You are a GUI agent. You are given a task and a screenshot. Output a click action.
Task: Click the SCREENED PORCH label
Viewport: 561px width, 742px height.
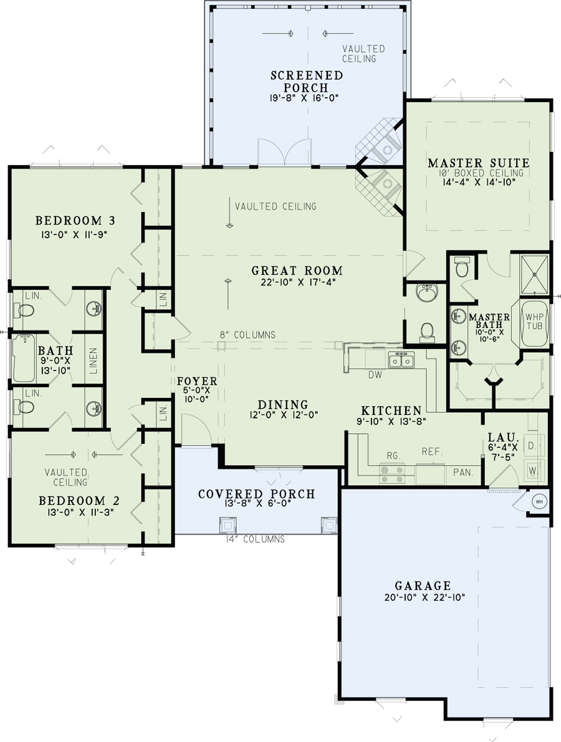pyautogui.click(x=307, y=81)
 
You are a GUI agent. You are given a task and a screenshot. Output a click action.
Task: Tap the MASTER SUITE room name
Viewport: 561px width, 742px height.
pyautogui.click(x=478, y=163)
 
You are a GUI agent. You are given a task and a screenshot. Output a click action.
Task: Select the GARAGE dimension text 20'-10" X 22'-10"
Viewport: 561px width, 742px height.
pyautogui.click(x=422, y=597)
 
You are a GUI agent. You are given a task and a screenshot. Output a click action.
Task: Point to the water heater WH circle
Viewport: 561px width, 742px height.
pyautogui.click(x=538, y=501)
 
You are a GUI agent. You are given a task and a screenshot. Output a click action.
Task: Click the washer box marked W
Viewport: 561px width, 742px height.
pyautogui.click(x=532, y=470)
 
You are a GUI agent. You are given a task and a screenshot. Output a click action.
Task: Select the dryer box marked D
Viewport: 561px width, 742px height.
pyautogui.click(x=532, y=446)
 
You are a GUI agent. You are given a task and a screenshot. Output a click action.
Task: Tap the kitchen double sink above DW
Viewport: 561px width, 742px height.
pyautogui.click(x=401, y=360)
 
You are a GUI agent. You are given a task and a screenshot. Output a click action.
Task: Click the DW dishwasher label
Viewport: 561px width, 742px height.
pyautogui.click(x=375, y=375)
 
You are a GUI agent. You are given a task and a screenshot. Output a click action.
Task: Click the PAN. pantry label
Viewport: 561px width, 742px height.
pyautogui.click(x=463, y=473)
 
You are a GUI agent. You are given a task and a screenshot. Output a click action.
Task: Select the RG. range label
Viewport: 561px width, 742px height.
pyautogui.click(x=392, y=455)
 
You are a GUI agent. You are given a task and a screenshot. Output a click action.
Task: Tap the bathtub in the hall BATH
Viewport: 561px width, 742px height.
pyautogui.click(x=24, y=359)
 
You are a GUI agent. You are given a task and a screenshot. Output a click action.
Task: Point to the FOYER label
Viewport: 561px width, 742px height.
pyautogui.click(x=196, y=381)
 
